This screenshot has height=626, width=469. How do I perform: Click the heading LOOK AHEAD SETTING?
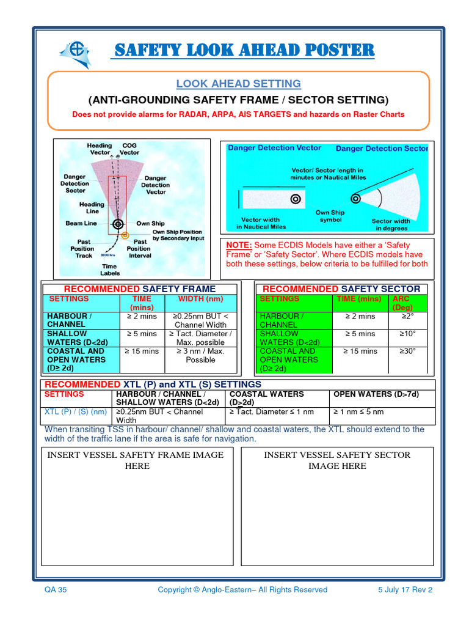[238, 84]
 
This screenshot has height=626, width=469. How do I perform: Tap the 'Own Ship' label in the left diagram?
[150, 223]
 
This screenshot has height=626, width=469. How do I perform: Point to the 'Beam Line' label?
[81, 223]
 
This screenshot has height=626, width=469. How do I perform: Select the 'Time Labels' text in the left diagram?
[110, 270]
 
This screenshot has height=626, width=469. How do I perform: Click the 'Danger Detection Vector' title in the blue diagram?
[274, 148]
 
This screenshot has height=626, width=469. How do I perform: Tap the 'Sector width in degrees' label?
[390, 224]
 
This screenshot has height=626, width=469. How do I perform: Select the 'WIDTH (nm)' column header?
[200, 299]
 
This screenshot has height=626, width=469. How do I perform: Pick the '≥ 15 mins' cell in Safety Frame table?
[142, 352]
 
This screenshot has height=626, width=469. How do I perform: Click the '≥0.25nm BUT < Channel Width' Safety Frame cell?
[200, 320]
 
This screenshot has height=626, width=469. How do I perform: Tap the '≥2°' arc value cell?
[407, 317]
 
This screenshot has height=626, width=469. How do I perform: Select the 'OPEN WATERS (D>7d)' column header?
[368, 394]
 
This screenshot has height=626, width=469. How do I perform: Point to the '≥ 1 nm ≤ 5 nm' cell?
[359, 412]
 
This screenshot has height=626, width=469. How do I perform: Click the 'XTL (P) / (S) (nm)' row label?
[76, 412]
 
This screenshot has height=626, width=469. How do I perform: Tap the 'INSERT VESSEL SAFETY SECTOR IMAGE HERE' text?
[337, 460]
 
